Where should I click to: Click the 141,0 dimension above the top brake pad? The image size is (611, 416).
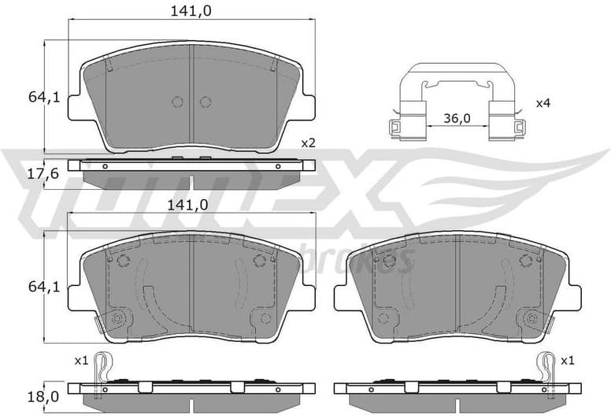(x=193, y=10)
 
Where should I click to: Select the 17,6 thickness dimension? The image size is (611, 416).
(x=34, y=174)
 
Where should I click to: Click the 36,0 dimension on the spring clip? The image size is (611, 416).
(x=456, y=118)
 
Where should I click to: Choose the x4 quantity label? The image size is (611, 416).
(x=543, y=103)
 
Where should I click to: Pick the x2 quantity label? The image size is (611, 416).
(x=308, y=143)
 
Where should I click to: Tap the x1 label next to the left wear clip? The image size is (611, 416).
(x=80, y=360)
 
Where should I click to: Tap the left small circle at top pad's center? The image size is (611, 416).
(x=176, y=102)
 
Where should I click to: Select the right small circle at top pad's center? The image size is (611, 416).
(x=206, y=102)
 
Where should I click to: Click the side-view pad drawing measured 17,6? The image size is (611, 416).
(x=191, y=173)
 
